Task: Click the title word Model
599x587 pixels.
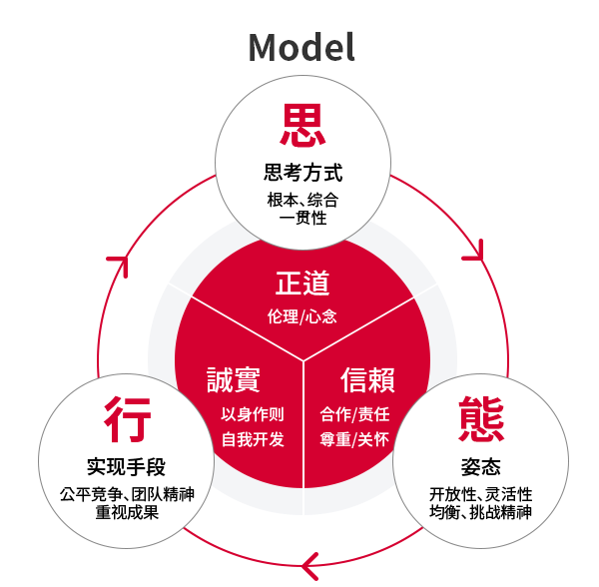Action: click(x=301, y=47)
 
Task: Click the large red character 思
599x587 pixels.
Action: click(x=302, y=125)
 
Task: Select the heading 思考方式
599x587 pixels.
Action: click(x=302, y=173)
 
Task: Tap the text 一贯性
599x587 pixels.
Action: click(x=302, y=218)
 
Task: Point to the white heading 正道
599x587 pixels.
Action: click(x=302, y=283)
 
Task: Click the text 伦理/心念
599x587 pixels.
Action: click(x=301, y=316)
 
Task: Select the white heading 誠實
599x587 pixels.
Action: click(x=234, y=379)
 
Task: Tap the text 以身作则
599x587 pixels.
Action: click(x=253, y=414)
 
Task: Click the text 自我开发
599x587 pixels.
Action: click(x=253, y=439)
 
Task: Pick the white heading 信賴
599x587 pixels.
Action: click(x=367, y=379)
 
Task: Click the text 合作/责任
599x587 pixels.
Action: click(x=354, y=414)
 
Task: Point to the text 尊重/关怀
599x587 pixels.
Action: click(x=354, y=439)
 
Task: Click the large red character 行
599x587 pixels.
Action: click(x=127, y=419)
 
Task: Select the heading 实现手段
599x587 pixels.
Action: click(x=126, y=466)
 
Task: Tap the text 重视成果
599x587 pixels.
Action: click(x=127, y=512)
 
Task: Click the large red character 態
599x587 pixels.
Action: click(x=481, y=419)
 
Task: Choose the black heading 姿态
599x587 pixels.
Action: click(x=480, y=466)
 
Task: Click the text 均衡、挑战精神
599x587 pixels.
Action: click(x=480, y=512)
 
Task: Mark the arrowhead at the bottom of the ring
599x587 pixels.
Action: click(x=310, y=566)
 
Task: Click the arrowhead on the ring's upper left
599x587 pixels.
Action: click(x=120, y=263)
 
